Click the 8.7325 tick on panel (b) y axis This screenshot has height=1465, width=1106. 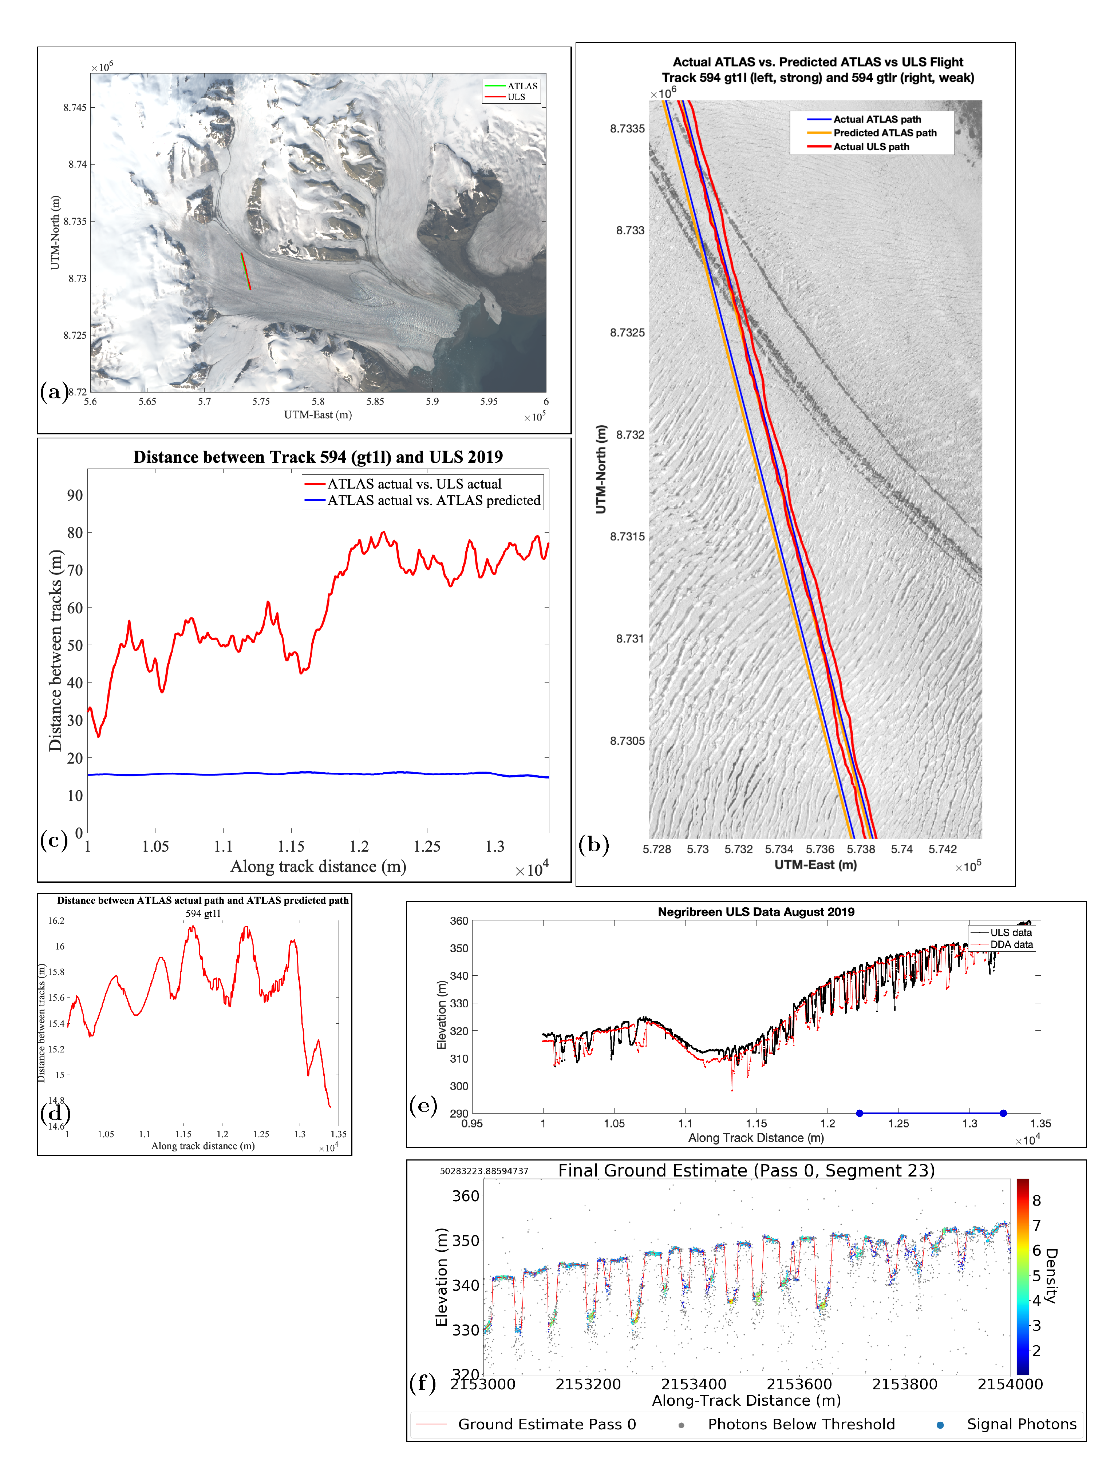pos(627,333)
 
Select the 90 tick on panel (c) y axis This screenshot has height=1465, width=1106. pos(75,495)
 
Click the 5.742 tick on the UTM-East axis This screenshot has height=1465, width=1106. pos(942,849)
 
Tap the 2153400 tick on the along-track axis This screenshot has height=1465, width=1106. pos(693,1384)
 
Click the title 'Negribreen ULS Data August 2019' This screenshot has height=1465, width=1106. pos(755,912)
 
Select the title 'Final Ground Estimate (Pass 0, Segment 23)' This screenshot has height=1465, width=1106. pos(746,1170)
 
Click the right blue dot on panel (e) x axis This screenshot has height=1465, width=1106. pos(1003,1113)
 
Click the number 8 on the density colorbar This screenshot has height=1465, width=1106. pos(1036,1201)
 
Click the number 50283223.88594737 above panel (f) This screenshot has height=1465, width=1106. pos(484,1171)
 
